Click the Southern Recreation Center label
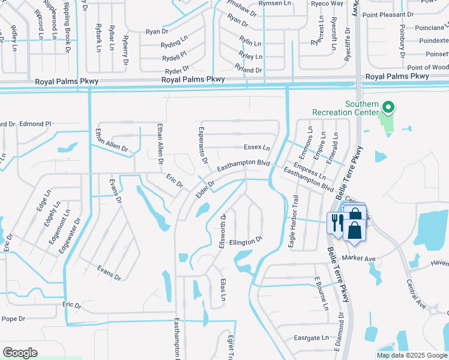coord(345,108)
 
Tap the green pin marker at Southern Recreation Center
coord(388,108)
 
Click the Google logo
coord(20,353)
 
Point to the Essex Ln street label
coord(257,147)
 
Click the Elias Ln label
coord(223,289)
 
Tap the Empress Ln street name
coord(309,172)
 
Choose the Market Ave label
coord(358,258)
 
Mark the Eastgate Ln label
coord(310,338)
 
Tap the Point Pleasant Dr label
coord(388,14)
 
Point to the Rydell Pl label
coord(174,54)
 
